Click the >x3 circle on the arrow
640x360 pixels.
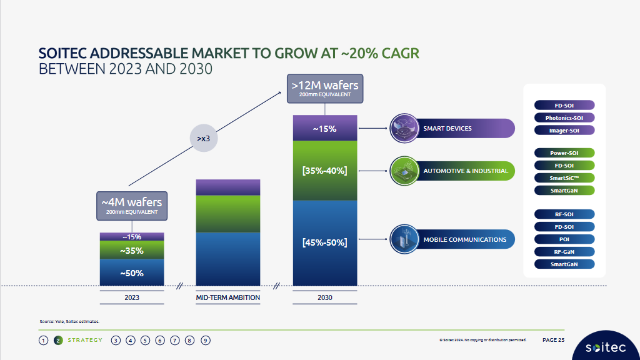point(203,137)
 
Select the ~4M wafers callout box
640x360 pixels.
point(132,206)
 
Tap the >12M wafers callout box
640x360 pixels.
point(324,89)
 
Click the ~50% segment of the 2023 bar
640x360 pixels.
point(132,273)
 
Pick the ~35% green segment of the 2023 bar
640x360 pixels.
point(132,251)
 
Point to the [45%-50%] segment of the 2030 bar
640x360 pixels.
point(324,242)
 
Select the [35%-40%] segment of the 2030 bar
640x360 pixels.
point(324,171)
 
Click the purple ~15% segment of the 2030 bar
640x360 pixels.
point(324,129)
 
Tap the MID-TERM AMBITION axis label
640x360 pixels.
point(228,297)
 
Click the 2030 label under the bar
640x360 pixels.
point(324,297)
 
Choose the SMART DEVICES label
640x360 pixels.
point(447,129)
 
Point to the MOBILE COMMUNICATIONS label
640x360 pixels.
point(464,239)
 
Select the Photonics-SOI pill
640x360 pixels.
point(564,117)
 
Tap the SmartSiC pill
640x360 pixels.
point(564,177)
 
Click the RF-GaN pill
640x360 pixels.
point(564,252)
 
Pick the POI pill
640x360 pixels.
point(564,239)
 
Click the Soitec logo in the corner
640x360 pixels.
point(603,347)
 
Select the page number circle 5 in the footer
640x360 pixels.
point(145,341)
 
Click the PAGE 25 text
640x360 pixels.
point(553,340)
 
